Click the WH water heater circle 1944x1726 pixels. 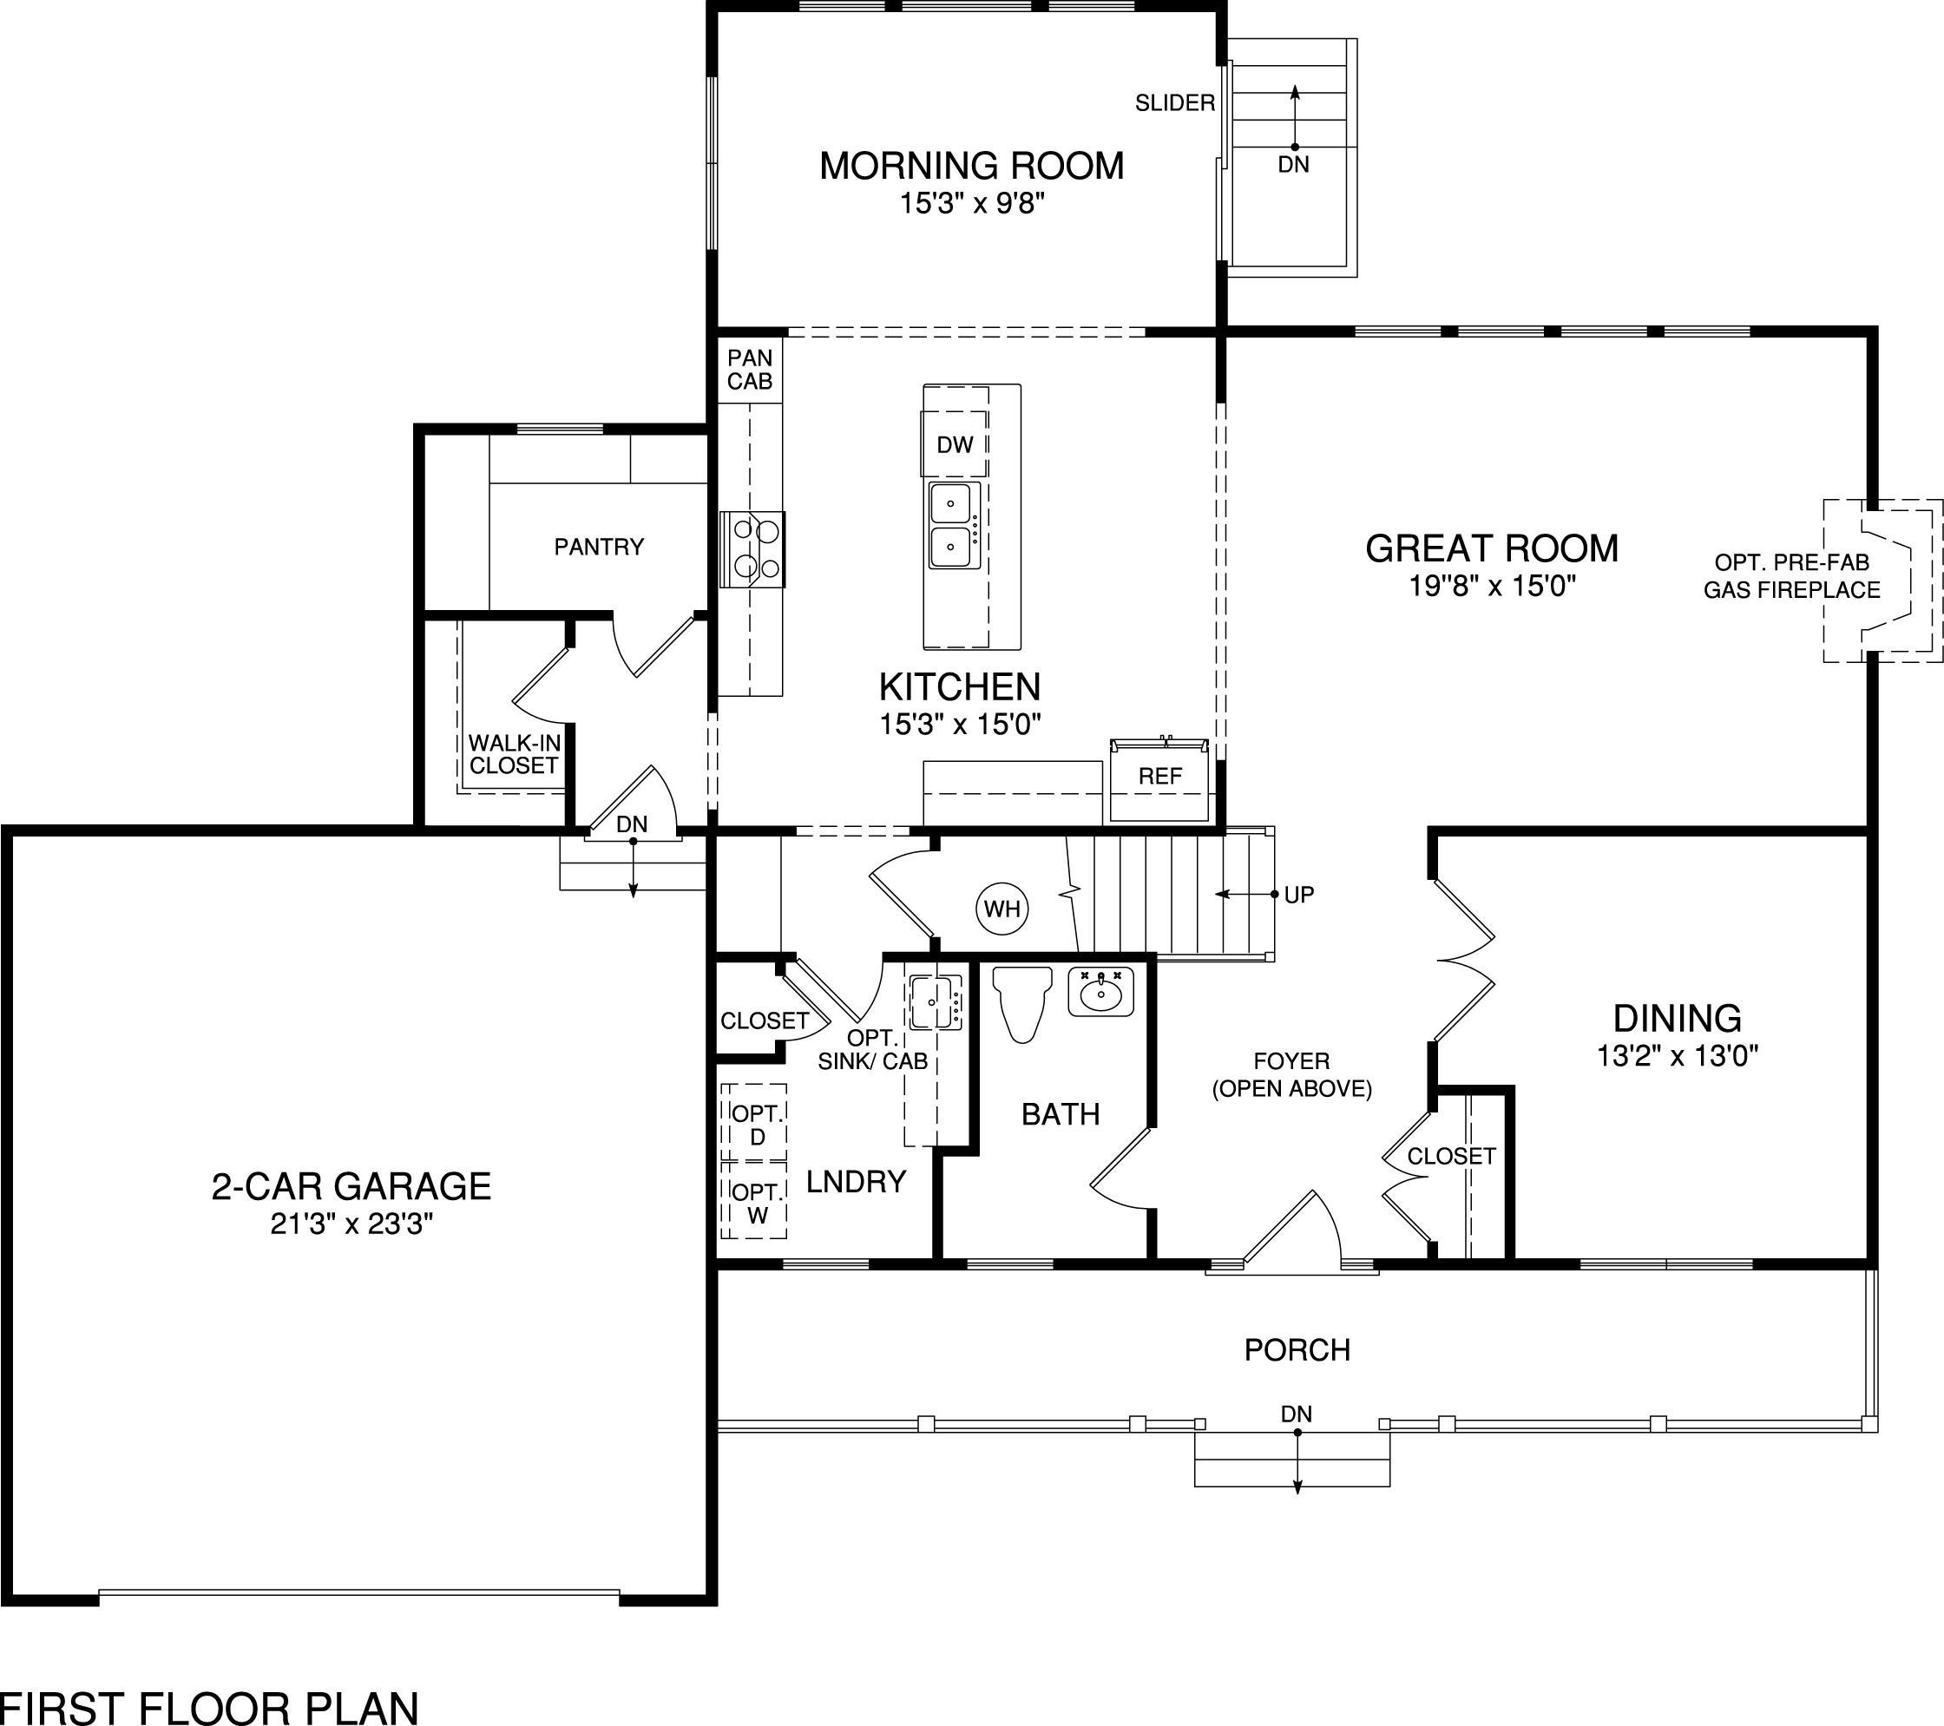[1002, 909]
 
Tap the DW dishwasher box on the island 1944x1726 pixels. [954, 444]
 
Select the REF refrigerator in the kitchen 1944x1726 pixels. [1159, 778]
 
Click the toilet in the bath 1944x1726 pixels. [1021, 1002]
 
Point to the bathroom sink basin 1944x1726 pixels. [1101, 994]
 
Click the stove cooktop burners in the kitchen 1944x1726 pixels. [752, 549]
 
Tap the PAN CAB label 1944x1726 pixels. [750, 370]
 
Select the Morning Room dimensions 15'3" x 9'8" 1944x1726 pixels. [972, 204]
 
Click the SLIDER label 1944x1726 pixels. [1174, 102]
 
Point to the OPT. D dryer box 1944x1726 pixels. [756, 1125]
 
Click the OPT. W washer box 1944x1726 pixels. [756, 1204]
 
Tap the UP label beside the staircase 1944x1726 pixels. [1298, 895]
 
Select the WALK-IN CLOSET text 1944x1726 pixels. [514, 754]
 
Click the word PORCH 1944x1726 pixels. [1297, 1350]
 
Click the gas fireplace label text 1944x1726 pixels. [1791, 576]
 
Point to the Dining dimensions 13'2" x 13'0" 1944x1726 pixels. [1677, 1055]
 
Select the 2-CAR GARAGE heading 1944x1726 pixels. [351, 1187]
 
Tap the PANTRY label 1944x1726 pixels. [599, 547]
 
